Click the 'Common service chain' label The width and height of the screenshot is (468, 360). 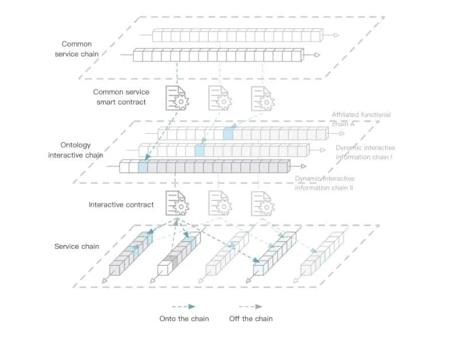[77, 49]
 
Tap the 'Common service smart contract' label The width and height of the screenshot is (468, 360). [121, 97]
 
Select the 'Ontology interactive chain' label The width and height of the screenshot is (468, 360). [76, 150]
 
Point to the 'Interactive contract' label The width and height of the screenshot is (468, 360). [121, 205]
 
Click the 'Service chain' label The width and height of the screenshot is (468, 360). [77, 246]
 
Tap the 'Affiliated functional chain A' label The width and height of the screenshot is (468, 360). [361, 119]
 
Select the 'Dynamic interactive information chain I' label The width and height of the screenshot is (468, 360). [365, 152]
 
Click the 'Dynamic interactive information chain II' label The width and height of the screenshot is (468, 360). [325, 183]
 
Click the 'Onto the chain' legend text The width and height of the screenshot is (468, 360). [184, 319]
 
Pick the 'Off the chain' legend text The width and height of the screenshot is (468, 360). [251, 319]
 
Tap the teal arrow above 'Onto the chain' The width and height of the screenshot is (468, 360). [184, 307]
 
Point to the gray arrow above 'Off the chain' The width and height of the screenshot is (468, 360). [250, 307]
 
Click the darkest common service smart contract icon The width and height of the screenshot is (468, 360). [177, 98]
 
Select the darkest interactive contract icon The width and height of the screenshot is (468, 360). [177, 203]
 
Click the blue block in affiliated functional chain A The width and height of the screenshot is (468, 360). [228, 133]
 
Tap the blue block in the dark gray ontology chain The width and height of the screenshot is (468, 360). [143, 167]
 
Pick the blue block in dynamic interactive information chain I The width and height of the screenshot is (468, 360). [199, 150]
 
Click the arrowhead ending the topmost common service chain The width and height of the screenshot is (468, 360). [337, 35]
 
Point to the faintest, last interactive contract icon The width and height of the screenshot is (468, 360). [262, 204]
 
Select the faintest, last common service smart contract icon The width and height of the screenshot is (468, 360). [262, 99]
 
